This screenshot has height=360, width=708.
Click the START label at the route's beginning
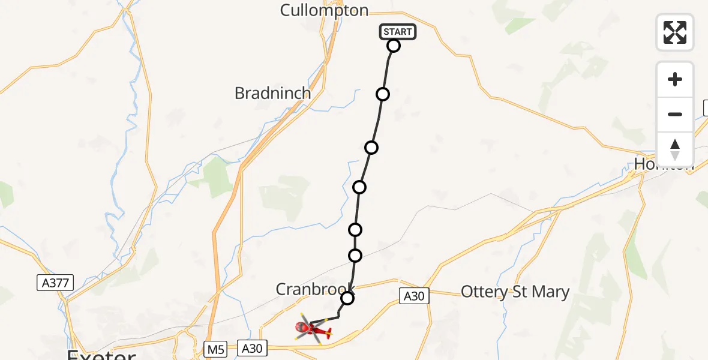(397, 32)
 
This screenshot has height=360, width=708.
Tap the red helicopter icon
(313, 329)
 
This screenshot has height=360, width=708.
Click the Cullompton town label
(324, 10)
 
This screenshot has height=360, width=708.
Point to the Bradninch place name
(273, 94)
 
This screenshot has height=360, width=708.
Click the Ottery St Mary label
(515, 292)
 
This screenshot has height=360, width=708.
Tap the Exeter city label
(101, 354)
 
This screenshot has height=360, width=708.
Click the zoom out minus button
(675, 114)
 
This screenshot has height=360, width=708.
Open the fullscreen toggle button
(675, 32)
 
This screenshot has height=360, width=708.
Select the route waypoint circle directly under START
(394, 46)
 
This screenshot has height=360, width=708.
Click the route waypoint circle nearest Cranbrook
(347, 298)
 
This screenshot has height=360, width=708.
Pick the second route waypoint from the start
(383, 94)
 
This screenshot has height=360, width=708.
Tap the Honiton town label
(663, 164)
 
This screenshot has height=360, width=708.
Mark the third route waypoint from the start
(371, 148)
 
